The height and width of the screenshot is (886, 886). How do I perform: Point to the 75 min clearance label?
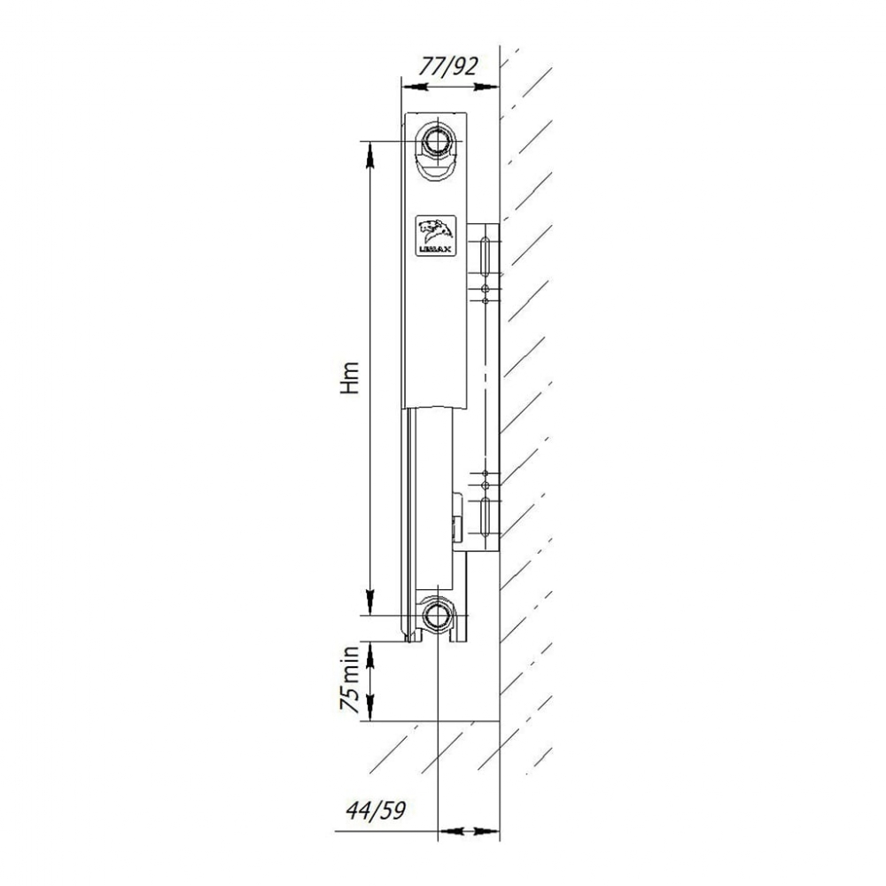(352, 680)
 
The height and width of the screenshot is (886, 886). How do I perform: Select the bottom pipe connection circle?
(438, 613)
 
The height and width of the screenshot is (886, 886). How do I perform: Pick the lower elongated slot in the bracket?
(486, 517)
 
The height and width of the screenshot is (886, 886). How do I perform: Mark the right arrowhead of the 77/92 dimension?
(486, 87)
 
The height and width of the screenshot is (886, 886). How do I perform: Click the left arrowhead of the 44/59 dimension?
(448, 831)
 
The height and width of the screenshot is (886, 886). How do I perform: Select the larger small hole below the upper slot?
(486, 289)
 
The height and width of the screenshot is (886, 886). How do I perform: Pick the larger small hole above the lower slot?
(486, 486)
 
